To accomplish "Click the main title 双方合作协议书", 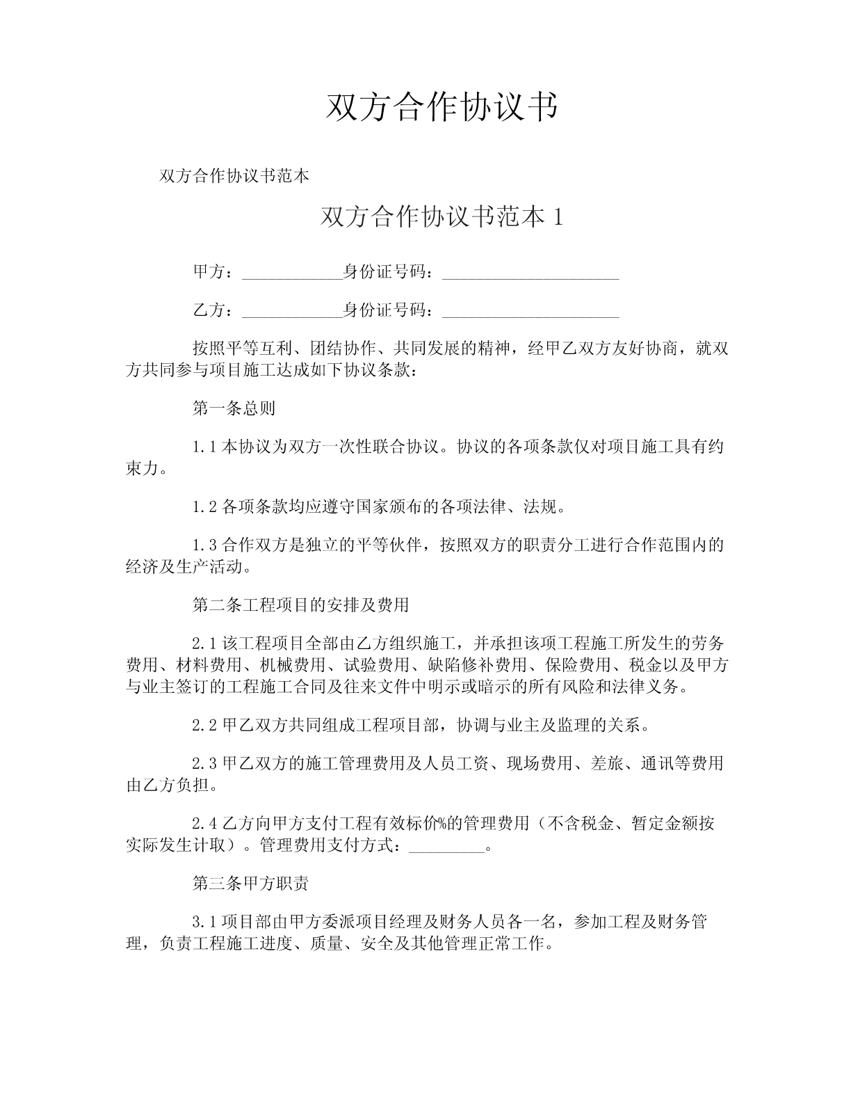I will [441, 108].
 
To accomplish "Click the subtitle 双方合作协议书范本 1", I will [441, 217].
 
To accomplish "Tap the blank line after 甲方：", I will [292, 273].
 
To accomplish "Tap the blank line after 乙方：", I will [292, 311].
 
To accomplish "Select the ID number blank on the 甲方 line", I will [530, 273].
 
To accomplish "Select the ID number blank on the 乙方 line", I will [530, 311].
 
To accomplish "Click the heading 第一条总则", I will [234, 408].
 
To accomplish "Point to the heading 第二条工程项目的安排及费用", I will [300, 605].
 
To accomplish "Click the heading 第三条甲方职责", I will [250, 884].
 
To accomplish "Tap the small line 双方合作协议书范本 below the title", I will [234, 175].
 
